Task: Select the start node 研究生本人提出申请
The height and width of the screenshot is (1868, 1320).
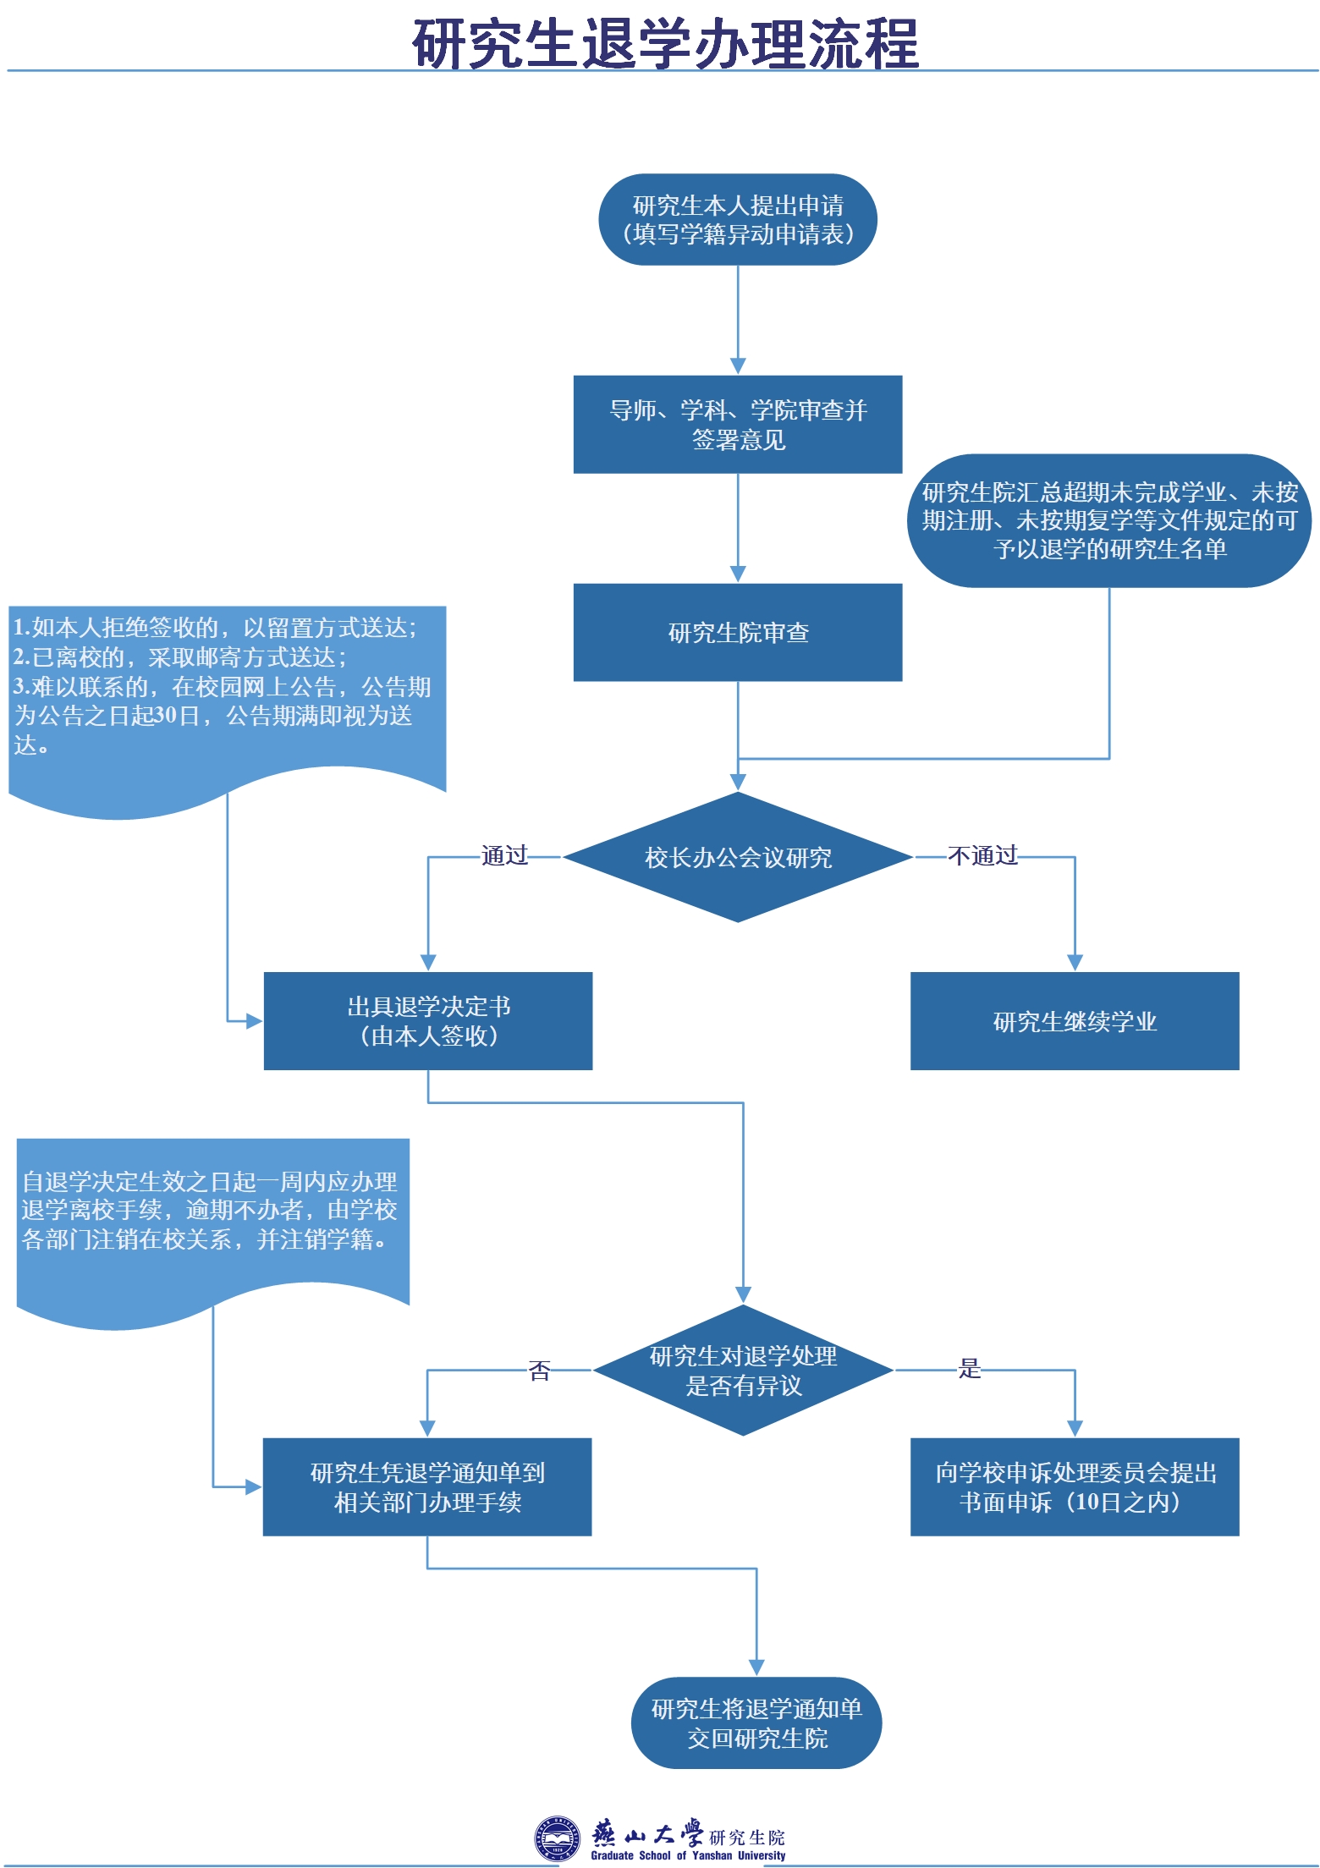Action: pos(737,219)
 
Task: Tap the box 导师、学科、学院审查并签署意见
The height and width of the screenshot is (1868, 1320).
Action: pos(737,424)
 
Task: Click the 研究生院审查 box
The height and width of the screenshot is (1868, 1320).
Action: pos(737,632)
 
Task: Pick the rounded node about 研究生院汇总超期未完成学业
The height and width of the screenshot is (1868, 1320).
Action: pos(1108,520)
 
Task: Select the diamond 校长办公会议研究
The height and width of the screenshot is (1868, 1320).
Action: pos(737,857)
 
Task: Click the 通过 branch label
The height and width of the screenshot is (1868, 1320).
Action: pos(504,855)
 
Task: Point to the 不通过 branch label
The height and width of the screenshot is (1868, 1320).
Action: pos(982,855)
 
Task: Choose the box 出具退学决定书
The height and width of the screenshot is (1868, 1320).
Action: pos(427,1020)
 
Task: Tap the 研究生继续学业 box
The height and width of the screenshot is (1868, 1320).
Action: pos(1074,1020)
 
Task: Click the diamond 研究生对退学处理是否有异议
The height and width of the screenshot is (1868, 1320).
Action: pos(742,1370)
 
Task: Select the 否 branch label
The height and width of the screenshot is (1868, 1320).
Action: pos(539,1370)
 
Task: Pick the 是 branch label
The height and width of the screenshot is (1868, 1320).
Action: pos(969,1368)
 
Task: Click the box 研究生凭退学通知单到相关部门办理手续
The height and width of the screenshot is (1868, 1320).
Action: pos(426,1486)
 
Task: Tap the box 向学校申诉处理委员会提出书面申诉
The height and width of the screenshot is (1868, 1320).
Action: pos(1074,1486)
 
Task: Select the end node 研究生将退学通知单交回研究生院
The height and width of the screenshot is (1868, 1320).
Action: pos(756,1722)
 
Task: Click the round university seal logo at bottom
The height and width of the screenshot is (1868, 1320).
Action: pos(556,1838)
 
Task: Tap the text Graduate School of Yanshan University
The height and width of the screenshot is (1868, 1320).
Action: pos(688,1855)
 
